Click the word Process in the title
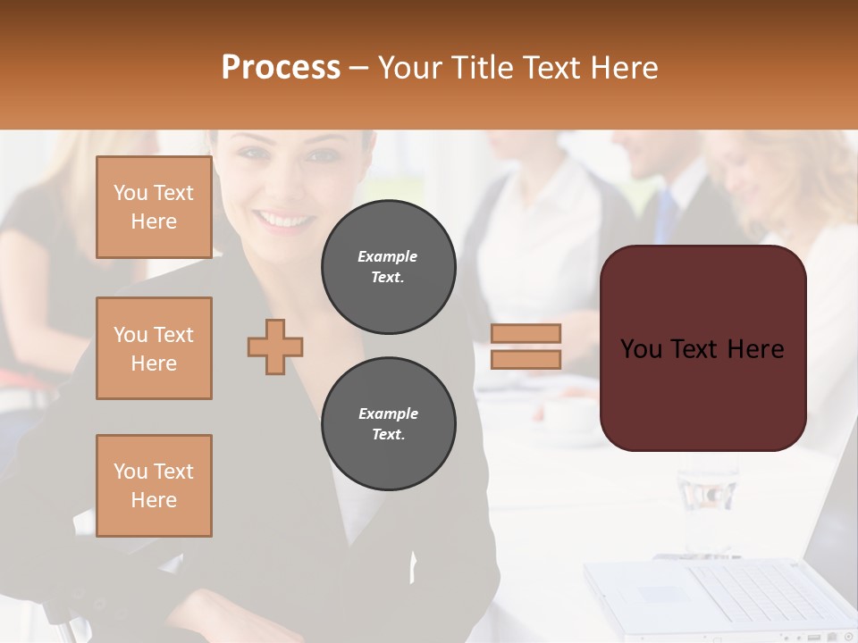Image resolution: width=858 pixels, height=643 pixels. coord(281,68)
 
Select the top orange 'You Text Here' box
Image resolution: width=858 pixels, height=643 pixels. coord(154,207)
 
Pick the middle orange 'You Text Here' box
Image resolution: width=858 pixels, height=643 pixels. coord(154,348)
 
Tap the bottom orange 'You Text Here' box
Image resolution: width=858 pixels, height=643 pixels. coord(154,486)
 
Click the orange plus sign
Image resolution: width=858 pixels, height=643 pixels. coord(275,347)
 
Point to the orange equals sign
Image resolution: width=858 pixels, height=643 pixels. coord(526,347)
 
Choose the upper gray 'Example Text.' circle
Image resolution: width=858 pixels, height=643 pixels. coord(389,267)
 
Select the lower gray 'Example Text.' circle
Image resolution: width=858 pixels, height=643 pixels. coord(389,424)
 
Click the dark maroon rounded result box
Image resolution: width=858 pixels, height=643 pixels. coord(702,348)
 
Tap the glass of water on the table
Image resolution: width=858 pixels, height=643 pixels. coord(707,500)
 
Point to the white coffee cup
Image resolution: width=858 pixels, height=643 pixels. coord(568,416)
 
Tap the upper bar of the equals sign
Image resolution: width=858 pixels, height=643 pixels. coord(526,334)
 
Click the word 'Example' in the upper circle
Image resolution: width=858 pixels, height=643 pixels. coord(388,256)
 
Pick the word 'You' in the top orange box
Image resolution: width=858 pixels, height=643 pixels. coord(130,193)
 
